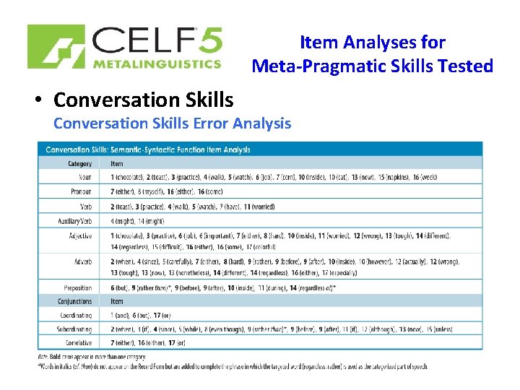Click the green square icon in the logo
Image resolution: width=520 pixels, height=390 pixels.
pos(56,47)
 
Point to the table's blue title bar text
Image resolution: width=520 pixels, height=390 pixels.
pos(148,149)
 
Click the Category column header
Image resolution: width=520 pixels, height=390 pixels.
pos(79,164)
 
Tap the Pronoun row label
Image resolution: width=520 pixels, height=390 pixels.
pos(80,192)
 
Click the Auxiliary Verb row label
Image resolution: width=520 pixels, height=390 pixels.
pos(75,220)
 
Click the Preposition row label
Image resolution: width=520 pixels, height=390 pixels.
pos(77,288)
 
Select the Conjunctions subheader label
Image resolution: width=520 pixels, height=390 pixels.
pos(74,302)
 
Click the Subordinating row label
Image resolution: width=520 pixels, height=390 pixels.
pos(74,329)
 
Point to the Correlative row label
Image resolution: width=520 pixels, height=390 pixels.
pos(77,343)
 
